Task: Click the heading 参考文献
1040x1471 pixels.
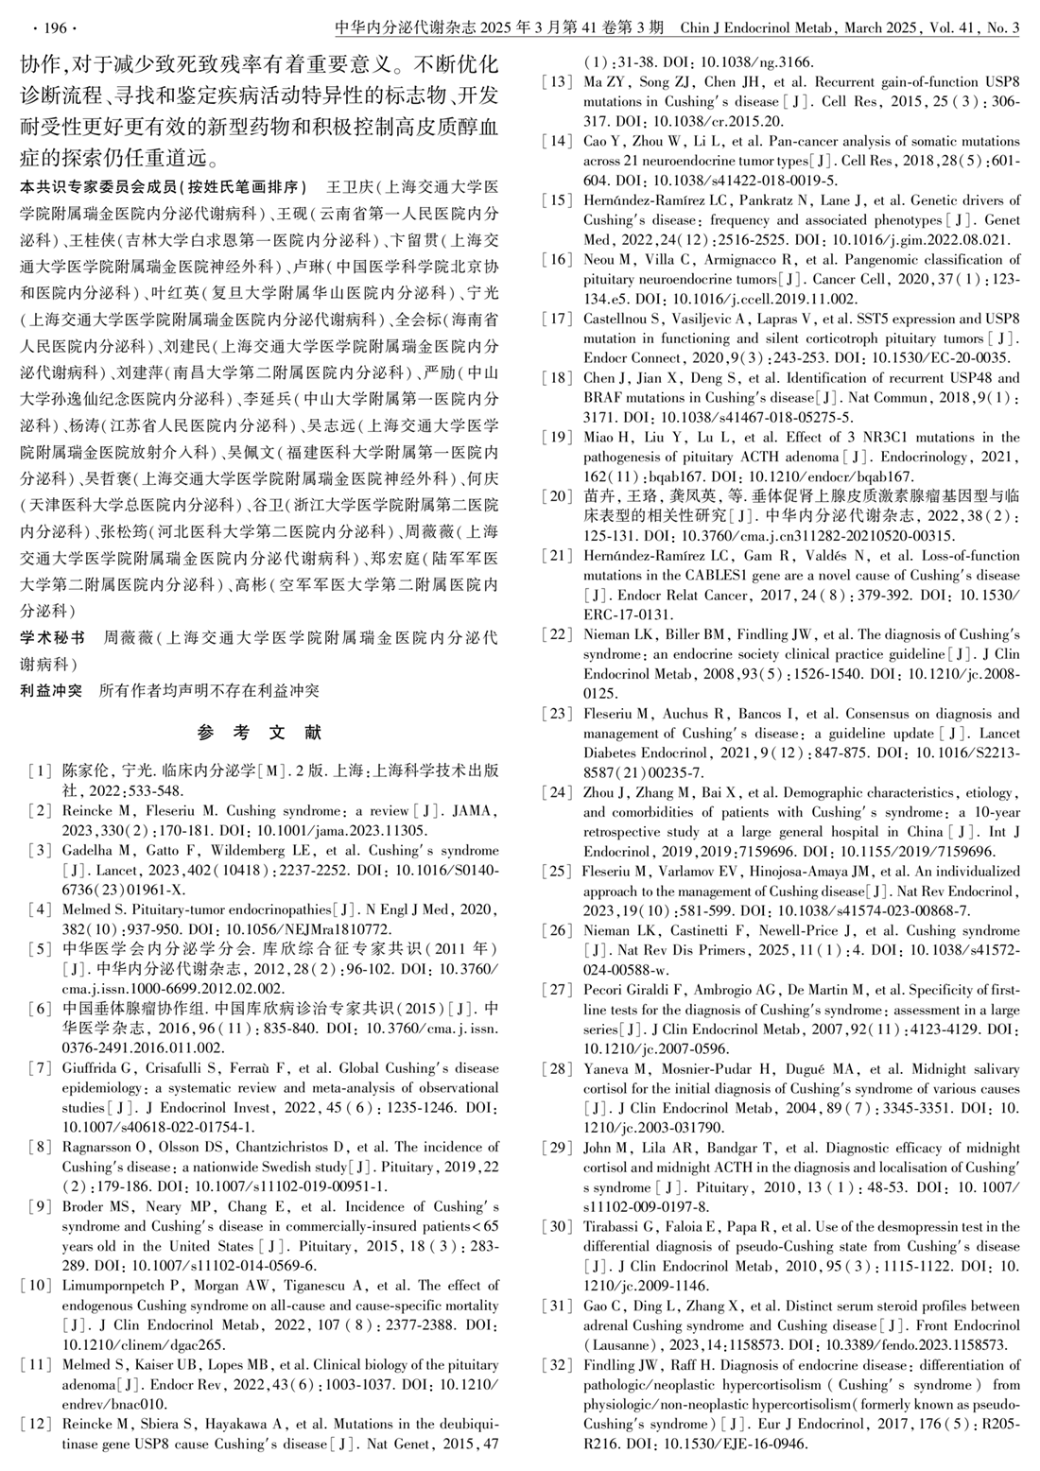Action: coord(259,732)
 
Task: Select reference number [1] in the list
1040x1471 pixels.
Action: coord(40,770)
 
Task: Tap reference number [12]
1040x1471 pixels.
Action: coord(40,1424)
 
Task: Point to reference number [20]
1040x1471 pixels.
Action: coord(559,495)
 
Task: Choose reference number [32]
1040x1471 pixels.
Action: coord(559,1364)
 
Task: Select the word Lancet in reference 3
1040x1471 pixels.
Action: coord(85,870)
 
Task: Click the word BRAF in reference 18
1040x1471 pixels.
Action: coord(603,397)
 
